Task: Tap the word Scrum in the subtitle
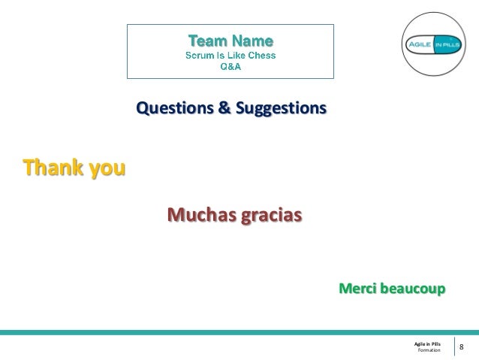[x=200, y=54]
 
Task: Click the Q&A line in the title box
[x=230, y=65]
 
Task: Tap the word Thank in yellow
[x=54, y=167]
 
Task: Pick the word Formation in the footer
[x=429, y=350]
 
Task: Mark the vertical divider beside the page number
[x=453, y=346]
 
